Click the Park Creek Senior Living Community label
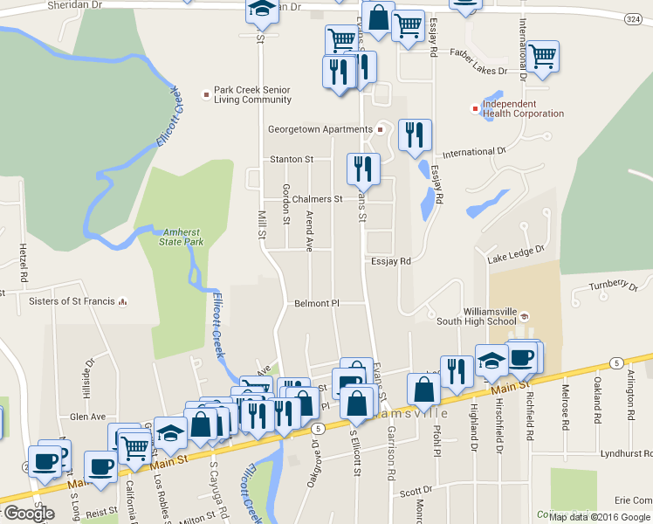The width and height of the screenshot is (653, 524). click(x=253, y=94)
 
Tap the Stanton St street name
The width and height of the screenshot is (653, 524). click(x=292, y=160)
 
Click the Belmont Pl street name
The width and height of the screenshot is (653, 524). click(x=316, y=303)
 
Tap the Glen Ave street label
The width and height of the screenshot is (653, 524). click(x=87, y=392)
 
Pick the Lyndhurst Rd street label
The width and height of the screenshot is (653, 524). click(x=627, y=454)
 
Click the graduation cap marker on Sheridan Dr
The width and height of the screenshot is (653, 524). click(x=259, y=10)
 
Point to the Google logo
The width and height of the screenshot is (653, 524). click(x=29, y=514)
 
